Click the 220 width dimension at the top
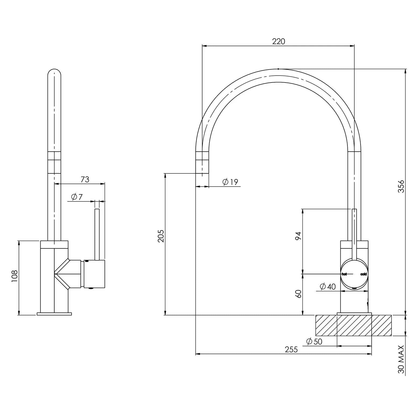[278, 41]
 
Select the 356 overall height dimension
[401, 186]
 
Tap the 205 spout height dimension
[161, 236]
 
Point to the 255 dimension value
[291, 350]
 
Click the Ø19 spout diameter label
[230, 182]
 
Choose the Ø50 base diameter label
[314, 342]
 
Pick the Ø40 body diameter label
[328, 287]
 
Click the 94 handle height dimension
[298, 236]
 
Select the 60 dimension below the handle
[298, 294]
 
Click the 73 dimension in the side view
[85, 179]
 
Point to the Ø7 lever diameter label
[77, 197]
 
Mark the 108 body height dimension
[14, 276]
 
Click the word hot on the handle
[344, 274]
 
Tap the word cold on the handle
[364, 274]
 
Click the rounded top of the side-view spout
[54, 73]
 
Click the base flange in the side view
[54, 314]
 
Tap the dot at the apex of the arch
[278, 69]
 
